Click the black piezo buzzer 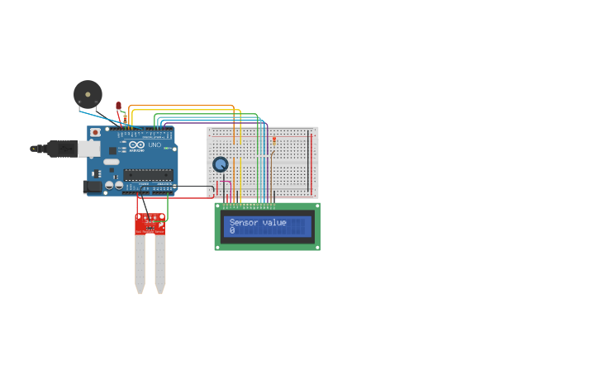click(87, 93)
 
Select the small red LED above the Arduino click(118, 106)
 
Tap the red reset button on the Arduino click(96, 132)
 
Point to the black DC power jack click(93, 187)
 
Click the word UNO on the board click(155, 145)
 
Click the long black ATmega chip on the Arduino click(149, 174)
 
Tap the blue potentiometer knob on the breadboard click(220, 164)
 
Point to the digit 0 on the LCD click(232, 231)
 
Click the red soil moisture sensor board click(150, 225)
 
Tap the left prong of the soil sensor click(140, 264)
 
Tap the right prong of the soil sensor click(160, 264)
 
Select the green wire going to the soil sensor click(168, 206)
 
